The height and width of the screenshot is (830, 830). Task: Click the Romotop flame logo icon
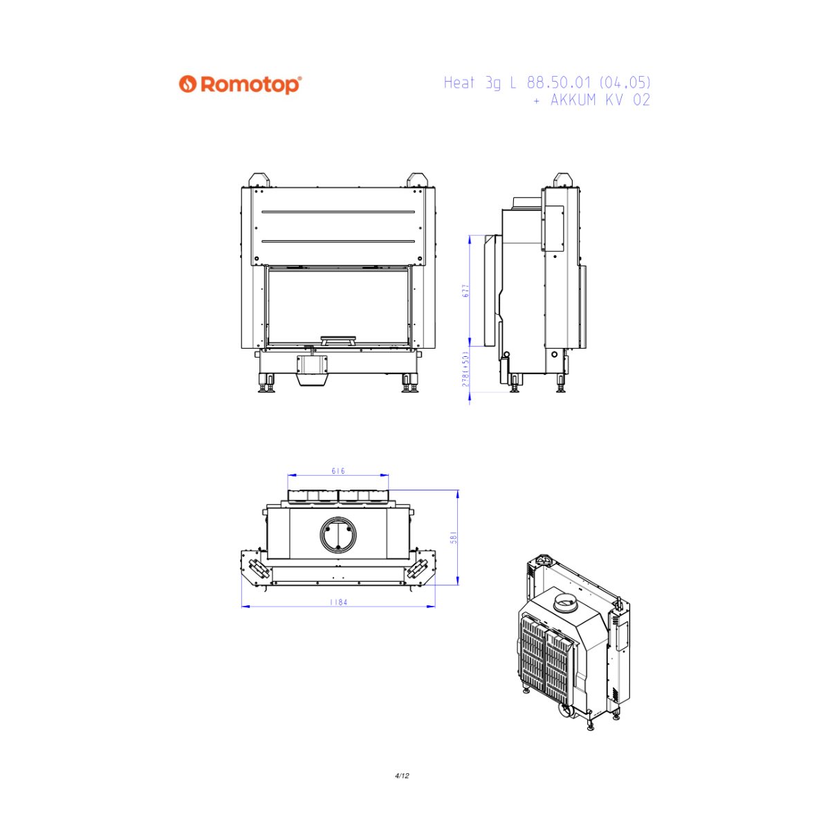[188, 84]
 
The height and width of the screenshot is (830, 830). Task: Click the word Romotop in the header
[250, 85]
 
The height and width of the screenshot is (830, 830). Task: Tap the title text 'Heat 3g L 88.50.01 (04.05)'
[546, 83]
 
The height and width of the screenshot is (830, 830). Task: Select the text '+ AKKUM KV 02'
[591, 100]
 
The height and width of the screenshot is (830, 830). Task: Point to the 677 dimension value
[465, 290]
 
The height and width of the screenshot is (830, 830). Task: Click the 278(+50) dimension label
[465, 369]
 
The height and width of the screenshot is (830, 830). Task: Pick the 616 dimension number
[338, 471]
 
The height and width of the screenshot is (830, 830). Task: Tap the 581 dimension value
[454, 537]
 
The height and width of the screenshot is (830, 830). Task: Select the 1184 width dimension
[338, 602]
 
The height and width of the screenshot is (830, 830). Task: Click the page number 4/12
[402, 776]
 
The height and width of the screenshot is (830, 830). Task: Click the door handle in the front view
[338, 340]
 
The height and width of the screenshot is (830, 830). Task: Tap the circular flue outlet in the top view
[338, 535]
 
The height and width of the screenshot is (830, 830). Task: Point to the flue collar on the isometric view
[565, 601]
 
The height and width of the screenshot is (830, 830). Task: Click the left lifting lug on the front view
[259, 180]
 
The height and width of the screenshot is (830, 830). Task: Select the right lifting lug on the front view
[417, 180]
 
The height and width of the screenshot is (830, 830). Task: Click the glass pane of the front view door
[338, 306]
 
